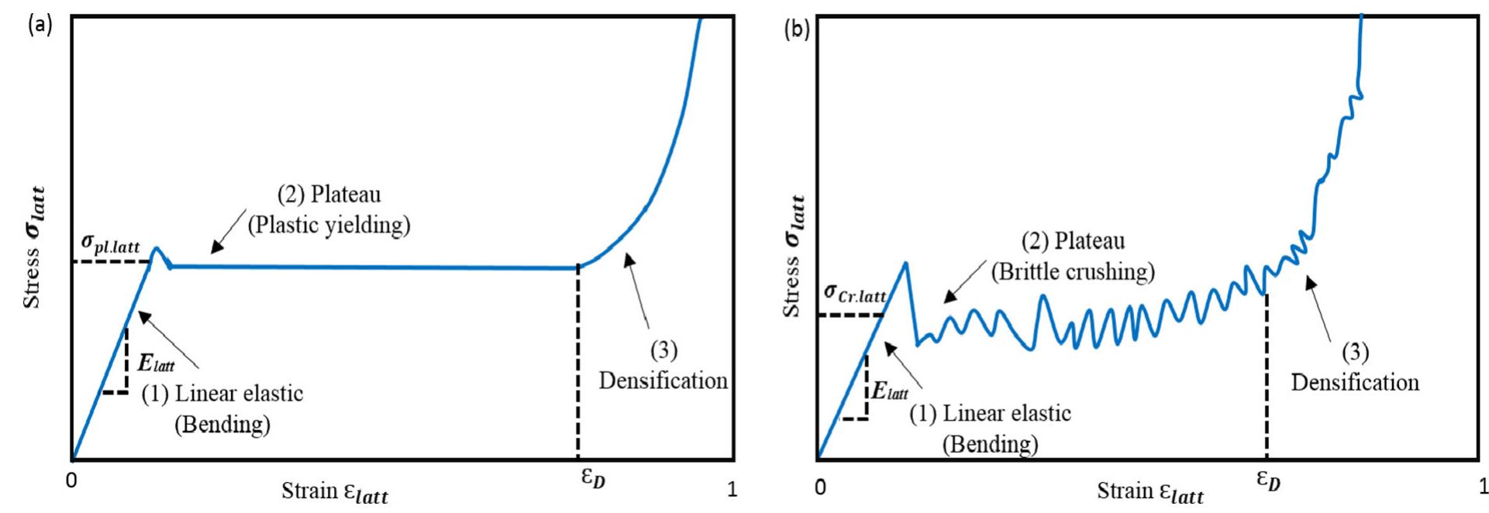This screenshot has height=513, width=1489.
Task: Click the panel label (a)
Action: pyautogui.click(x=40, y=26)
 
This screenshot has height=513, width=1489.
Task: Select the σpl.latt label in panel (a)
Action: pyautogui.click(x=111, y=246)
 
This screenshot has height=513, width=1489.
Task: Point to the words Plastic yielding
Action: pyautogui.click(x=329, y=225)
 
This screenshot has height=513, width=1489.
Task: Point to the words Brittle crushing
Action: pyautogui.click(x=1073, y=271)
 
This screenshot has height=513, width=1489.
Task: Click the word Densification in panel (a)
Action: pyautogui.click(x=663, y=380)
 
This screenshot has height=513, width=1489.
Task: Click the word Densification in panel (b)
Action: pyautogui.click(x=1354, y=382)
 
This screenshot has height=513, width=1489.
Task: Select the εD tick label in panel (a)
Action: pyautogui.click(x=592, y=478)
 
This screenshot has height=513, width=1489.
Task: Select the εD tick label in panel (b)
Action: pyautogui.click(x=1268, y=480)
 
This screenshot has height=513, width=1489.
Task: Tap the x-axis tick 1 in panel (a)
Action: pyautogui.click(x=732, y=490)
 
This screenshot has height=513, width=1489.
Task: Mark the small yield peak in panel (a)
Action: pyautogui.click(x=157, y=250)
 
